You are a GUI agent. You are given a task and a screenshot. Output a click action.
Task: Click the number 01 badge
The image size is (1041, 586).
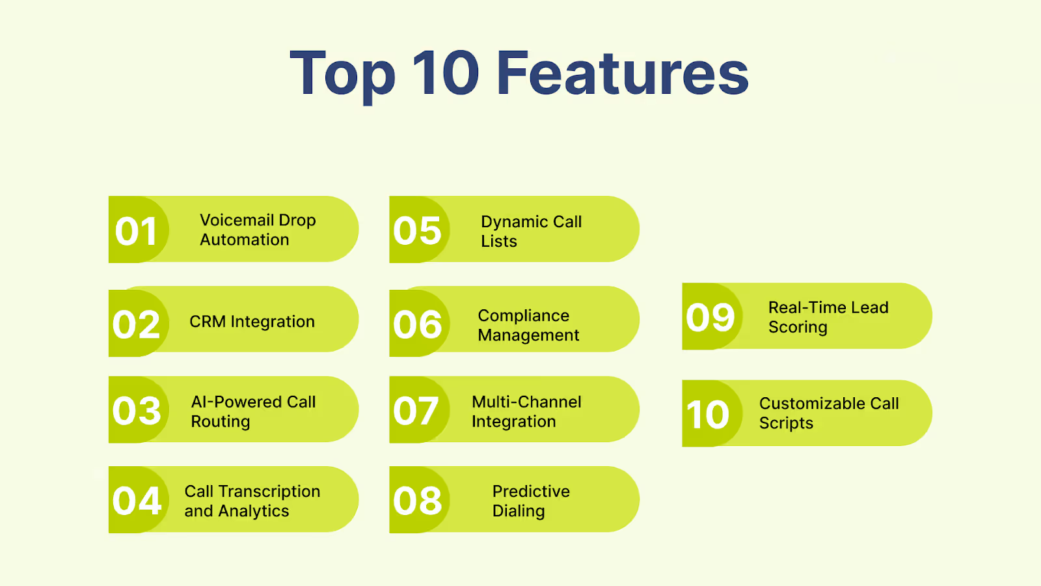pyautogui.click(x=137, y=231)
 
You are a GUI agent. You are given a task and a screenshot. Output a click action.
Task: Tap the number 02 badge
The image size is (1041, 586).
pyautogui.click(x=137, y=324)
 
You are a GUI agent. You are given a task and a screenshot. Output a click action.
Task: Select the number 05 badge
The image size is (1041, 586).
pyautogui.click(x=417, y=231)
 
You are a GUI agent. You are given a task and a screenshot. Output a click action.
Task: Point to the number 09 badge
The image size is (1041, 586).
pyautogui.click(x=710, y=318)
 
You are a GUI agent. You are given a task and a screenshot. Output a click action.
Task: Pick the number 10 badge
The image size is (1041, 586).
pyautogui.click(x=709, y=415)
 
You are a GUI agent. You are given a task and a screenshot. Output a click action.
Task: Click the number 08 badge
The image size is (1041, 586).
pyautogui.click(x=417, y=501)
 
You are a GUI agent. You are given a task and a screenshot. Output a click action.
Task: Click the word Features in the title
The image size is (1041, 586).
pyautogui.click(x=623, y=73)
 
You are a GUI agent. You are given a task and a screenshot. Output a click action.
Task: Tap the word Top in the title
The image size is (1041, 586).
pyautogui.click(x=342, y=74)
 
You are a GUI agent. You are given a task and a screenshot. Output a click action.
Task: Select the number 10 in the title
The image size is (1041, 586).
pyautogui.click(x=446, y=73)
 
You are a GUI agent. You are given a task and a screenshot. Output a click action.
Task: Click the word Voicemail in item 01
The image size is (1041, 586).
pyautogui.click(x=237, y=220)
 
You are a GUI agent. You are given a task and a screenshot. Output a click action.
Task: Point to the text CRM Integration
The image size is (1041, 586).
pyautogui.click(x=252, y=322)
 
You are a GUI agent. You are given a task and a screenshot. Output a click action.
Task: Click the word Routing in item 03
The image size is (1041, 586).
pyautogui.click(x=220, y=422)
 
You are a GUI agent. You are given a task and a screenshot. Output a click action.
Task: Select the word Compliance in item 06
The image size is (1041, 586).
pyautogui.click(x=523, y=316)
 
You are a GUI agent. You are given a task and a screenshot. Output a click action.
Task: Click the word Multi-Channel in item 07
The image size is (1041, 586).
pyautogui.click(x=526, y=402)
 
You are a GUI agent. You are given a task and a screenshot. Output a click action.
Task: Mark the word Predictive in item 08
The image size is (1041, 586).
pyautogui.click(x=531, y=492)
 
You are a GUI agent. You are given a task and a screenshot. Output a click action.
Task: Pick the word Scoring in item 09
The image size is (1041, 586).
pyautogui.click(x=798, y=328)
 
